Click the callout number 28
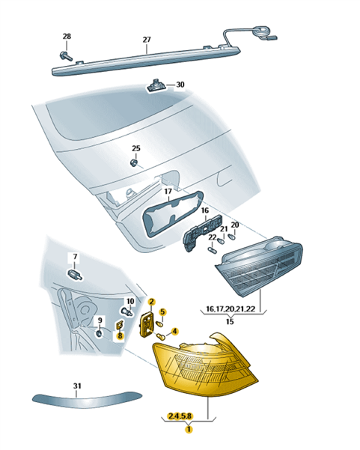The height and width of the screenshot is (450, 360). point(67,37)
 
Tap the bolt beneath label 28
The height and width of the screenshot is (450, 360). point(66,56)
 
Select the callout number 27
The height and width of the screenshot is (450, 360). point(147,40)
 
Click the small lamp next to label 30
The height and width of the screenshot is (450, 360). point(156,85)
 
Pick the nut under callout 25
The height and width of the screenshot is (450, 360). point(133,163)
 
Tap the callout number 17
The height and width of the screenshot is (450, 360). point(168,191)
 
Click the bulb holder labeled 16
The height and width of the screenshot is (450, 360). point(203,233)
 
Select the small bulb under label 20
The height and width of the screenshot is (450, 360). point(231,237)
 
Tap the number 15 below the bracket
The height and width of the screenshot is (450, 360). point(230,321)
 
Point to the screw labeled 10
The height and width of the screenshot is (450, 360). point(126,311)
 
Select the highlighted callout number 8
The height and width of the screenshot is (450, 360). point(120,335)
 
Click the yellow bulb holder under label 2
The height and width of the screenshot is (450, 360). point(147,326)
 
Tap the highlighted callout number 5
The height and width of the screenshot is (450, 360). point(162,311)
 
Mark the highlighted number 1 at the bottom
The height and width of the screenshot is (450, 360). point(189,430)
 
